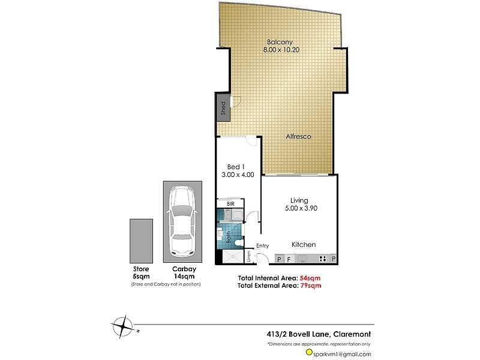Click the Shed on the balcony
pyautogui.click(x=223, y=108)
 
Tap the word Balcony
pyautogui.click(x=280, y=42)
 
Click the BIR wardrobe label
pyautogui.click(x=230, y=204)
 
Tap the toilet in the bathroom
pyautogui.click(x=238, y=239)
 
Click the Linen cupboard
pyautogui.click(x=223, y=257)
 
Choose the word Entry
pyautogui.click(x=263, y=245)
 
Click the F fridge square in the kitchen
pyautogui.click(x=289, y=259)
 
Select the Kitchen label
pyautogui.click(x=304, y=245)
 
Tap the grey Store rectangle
pyautogui.click(x=141, y=240)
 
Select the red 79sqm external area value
pyautogui.click(x=310, y=286)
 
